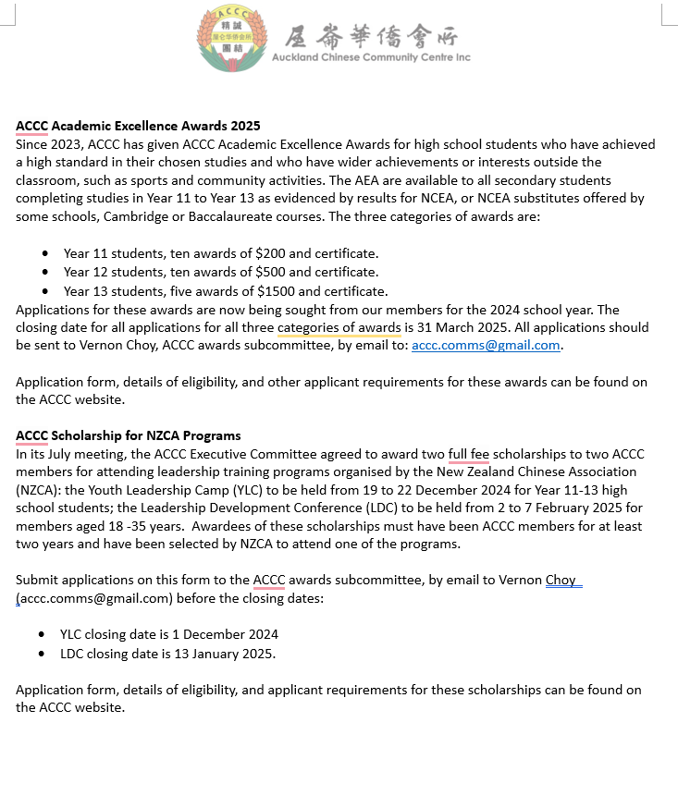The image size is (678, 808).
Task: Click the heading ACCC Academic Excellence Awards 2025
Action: click(x=138, y=126)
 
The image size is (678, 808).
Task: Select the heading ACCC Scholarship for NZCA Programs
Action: click(x=128, y=435)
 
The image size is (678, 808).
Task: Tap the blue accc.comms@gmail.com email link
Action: click(x=486, y=346)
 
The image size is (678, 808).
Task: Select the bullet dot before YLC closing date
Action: click(x=42, y=634)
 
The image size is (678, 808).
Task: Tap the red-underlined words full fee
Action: click(x=469, y=454)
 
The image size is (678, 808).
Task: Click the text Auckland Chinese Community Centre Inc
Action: click(x=371, y=57)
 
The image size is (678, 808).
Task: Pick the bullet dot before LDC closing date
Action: click(x=42, y=654)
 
